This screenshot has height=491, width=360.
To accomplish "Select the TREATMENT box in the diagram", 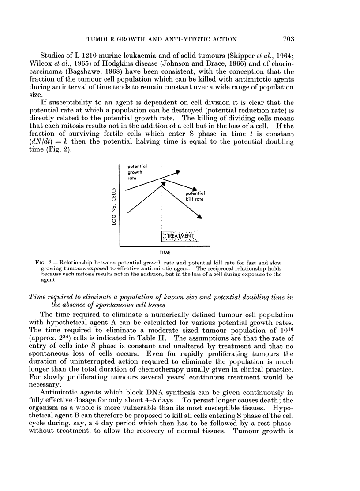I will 181,236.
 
